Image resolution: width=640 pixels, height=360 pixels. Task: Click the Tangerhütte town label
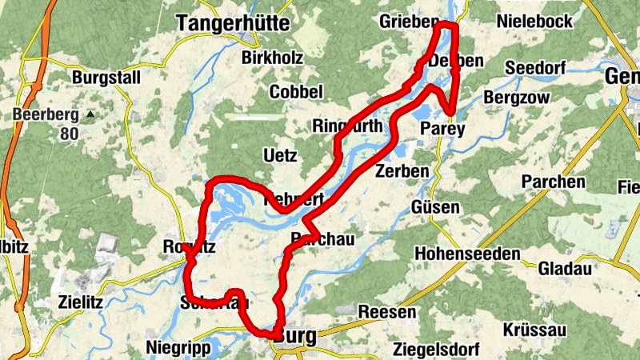coord(232,23)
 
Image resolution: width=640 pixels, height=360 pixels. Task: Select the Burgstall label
coord(106,78)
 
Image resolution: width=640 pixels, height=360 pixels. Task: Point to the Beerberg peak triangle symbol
coord(90,114)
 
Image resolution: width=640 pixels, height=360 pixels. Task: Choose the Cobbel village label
coord(296,92)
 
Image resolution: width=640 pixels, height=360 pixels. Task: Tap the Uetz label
coord(278,154)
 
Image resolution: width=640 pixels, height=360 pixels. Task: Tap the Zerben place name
coord(402,171)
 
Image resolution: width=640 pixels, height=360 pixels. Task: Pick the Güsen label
coord(435,208)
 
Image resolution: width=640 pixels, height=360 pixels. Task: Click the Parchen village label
coord(553,182)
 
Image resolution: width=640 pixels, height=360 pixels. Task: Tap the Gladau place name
coord(564,268)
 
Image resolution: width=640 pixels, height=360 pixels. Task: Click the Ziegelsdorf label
coord(436,350)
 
